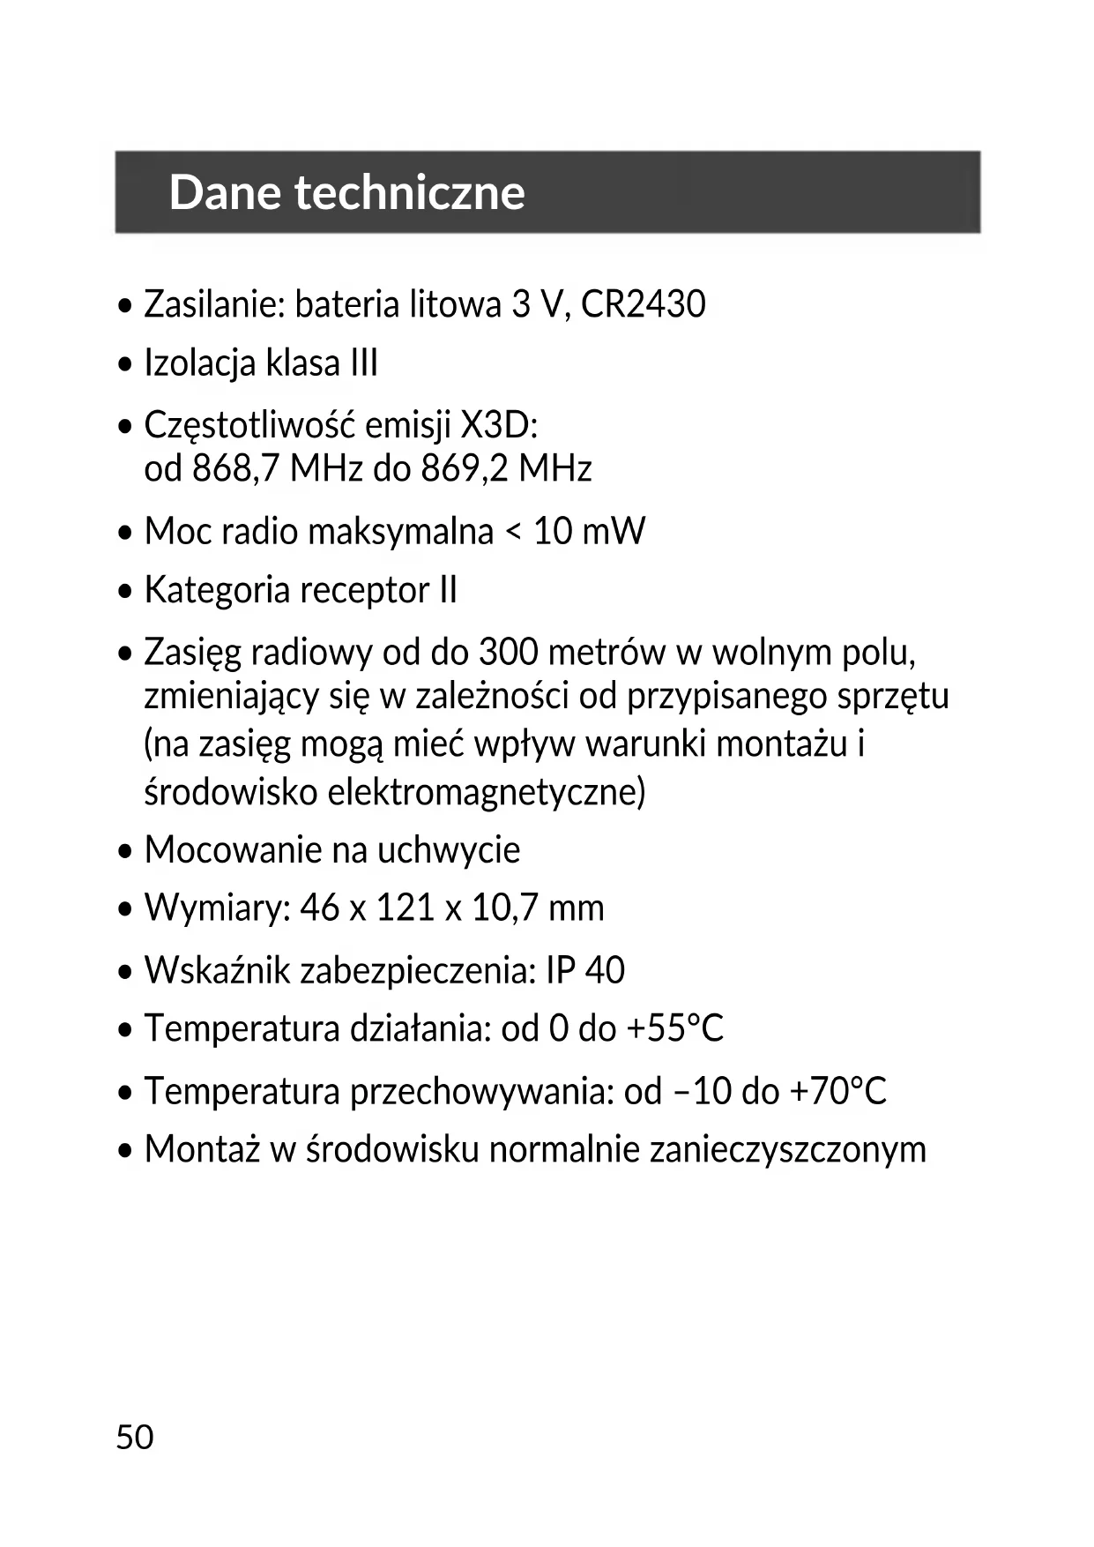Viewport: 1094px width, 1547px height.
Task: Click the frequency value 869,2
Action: coord(465,468)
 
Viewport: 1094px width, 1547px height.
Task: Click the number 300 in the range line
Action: coord(509,653)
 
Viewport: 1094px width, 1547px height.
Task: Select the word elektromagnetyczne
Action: coord(487,792)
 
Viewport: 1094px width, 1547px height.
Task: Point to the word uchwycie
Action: coord(449,850)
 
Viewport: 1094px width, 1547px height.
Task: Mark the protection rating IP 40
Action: coord(585,970)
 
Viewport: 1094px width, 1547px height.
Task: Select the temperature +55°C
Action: coord(675,1028)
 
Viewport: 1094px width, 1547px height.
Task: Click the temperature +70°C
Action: coord(837,1091)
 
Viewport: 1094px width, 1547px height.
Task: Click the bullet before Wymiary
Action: coord(127,908)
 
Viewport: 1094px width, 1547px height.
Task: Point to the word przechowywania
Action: coord(481,1092)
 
